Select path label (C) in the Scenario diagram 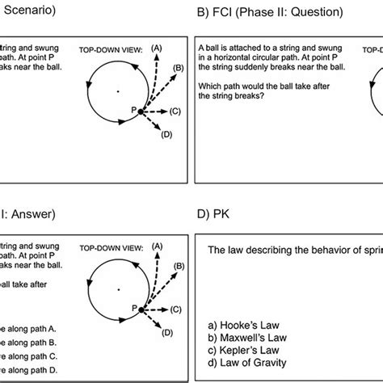(x=175, y=110)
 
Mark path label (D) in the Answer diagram (x=166, y=332)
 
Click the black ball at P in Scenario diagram (x=141, y=111)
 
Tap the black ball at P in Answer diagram (x=141, y=309)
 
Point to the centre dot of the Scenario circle (x=117, y=90)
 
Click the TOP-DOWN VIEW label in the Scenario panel (x=111, y=49)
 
